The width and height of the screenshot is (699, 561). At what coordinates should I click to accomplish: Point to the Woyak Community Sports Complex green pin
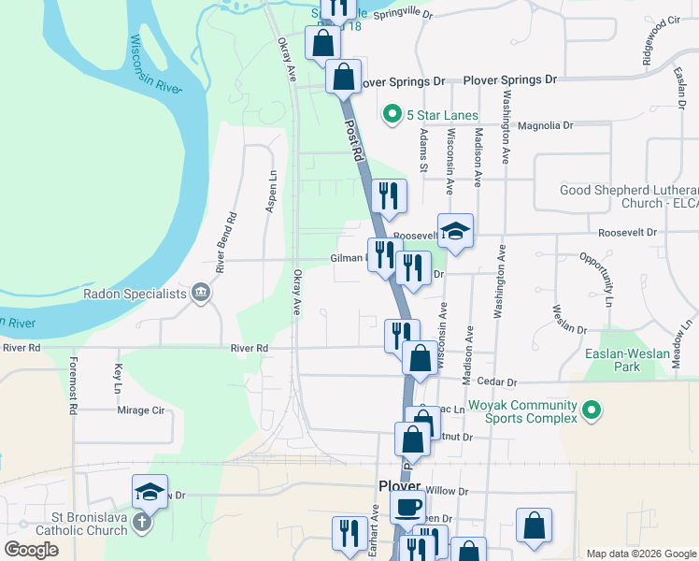point(591,410)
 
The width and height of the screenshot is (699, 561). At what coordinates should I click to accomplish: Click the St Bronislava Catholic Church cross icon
point(141,522)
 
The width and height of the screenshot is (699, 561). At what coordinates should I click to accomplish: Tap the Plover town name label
point(400,485)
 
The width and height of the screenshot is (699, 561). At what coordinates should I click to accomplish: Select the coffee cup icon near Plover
point(407,508)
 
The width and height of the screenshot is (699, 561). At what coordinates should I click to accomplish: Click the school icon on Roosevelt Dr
point(455,231)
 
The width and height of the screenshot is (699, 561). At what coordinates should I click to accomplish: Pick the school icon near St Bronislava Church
point(150,491)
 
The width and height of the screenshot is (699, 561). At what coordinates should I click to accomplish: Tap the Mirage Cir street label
point(140,410)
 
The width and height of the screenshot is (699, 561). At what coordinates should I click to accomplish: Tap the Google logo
point(32,550)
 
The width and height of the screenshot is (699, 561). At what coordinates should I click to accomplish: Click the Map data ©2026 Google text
point(640,554)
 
